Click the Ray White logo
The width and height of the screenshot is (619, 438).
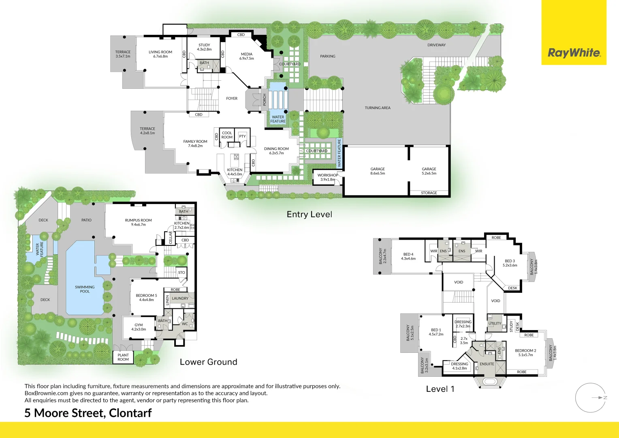574,53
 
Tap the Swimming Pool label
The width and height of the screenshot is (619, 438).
85,289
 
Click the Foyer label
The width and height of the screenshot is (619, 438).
232,99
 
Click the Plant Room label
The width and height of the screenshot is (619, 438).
123,357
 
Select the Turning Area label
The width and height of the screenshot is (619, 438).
377,108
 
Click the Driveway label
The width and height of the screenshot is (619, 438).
436,45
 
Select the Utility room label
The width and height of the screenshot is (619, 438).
495,324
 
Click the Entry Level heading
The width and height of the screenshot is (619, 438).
309,215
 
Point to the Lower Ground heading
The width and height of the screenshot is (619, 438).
208,362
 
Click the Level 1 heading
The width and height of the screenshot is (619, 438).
440,389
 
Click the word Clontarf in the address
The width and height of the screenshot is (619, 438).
130,413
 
